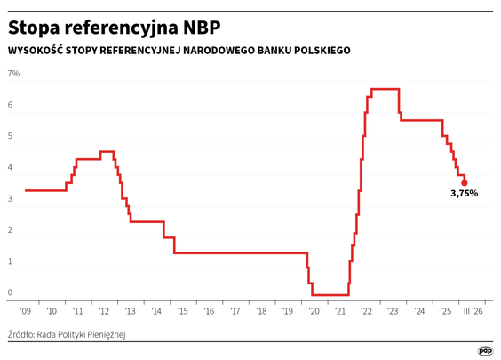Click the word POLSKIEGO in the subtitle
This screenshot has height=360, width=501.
(x=318, y=51)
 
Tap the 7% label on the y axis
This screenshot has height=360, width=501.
(x=14, y=73)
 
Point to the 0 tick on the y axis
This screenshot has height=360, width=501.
(x=11, y=292)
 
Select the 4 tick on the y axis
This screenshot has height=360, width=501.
(x=11, y=167)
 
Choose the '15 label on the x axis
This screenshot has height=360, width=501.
(x=182, y=311)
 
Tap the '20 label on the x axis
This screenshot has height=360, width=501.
(x=314, y=311)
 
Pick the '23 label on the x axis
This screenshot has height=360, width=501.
(x=393, y=311)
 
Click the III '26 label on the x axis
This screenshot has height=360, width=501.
(x=472, y=311)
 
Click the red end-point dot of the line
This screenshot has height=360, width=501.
(x=465, y=182)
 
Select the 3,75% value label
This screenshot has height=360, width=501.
(x=465, y=194)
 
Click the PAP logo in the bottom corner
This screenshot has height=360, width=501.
(x=486, y=350)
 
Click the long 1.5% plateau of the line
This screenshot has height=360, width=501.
(x=240, y=252)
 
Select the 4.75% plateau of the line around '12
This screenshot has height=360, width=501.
(x=107, y=151)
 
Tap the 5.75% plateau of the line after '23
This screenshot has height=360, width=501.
(x=422, y=120)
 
